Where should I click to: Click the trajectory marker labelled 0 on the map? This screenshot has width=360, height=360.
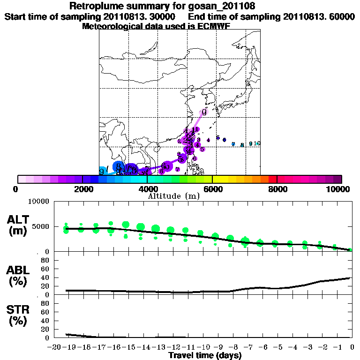[204, 112]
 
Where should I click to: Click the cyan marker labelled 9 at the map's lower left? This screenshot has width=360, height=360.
[102, 172]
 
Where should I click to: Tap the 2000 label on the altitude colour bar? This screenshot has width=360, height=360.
[82, 189]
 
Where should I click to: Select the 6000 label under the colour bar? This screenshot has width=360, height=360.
[212, 189]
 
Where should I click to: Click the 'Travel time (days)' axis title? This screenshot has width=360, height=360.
[205, 356]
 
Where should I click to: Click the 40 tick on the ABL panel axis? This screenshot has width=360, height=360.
[46, 277]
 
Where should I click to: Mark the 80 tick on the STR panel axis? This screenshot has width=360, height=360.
[46, 303]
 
